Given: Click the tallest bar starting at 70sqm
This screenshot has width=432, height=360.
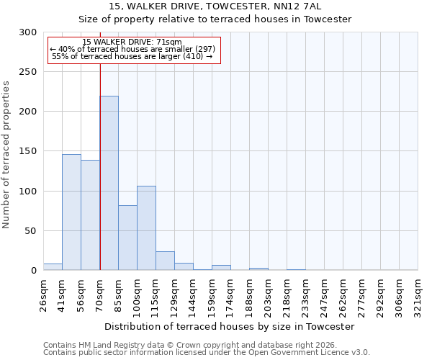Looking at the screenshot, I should coord(109,183).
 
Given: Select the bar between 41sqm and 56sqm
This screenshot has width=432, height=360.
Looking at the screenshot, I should coord(71,212).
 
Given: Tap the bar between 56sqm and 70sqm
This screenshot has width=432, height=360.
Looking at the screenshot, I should coord(90,215).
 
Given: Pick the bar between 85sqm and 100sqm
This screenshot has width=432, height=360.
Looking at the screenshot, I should coord(127,238).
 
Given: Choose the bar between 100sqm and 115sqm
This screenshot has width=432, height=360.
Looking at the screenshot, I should coord(146,228).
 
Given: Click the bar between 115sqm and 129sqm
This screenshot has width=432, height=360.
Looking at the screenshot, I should coord(165,261).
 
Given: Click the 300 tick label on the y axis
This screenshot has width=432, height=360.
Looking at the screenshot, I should coord(28,32).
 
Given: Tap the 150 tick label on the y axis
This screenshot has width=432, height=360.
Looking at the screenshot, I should coord(28,151).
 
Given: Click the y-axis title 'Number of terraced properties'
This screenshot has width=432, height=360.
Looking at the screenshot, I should coord(7,154).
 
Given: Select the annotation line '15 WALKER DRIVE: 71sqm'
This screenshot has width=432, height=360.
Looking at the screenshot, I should coord(132,42).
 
